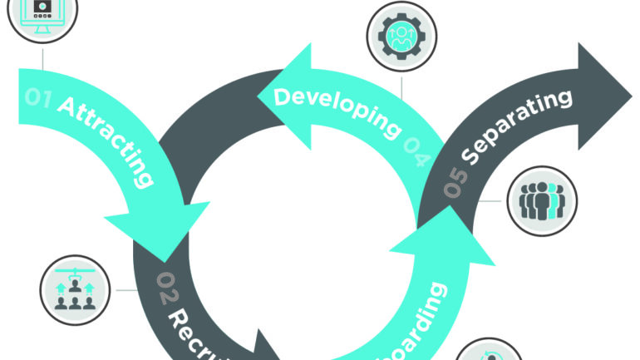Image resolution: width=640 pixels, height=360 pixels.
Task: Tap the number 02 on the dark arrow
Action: (167, 287)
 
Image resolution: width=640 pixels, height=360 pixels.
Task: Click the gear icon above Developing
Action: (401, 36)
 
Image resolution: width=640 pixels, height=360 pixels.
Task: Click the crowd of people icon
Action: (542, 200)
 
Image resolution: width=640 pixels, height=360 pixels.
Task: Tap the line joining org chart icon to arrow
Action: (126, 290)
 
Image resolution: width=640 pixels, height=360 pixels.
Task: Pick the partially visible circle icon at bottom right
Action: (490, 351)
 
